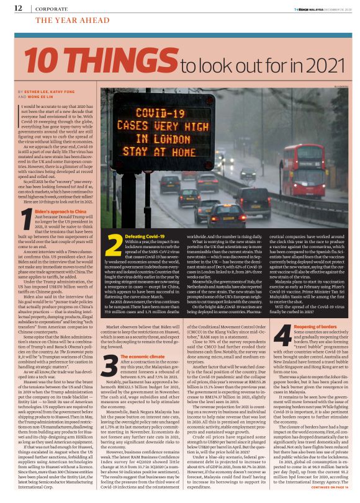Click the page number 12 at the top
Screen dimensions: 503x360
pyautogui.click(x=18, y=7)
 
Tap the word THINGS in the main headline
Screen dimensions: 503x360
pyautogui.click(x=120, y=61)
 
